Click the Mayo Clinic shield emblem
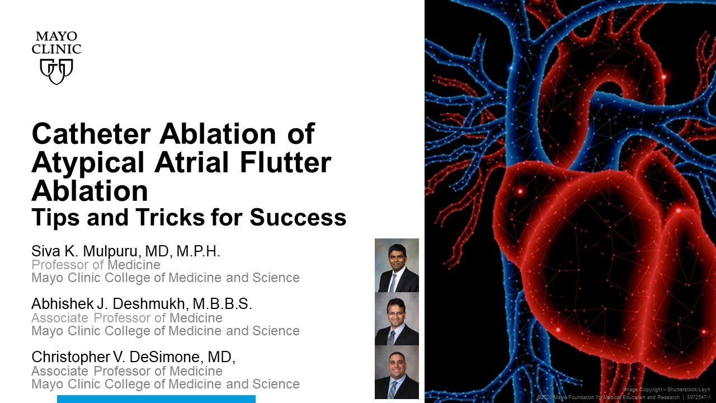pos(56,71)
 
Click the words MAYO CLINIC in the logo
pos(56,43)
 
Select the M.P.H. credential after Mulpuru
pos(199,251)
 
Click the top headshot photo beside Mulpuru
pos(397,265)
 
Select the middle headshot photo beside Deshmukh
pos(397,318)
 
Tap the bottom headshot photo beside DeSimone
pos(397,372)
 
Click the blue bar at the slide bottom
pos(156,399)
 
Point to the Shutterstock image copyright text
pos(666,388)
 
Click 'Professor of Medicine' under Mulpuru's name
pos(96,265)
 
